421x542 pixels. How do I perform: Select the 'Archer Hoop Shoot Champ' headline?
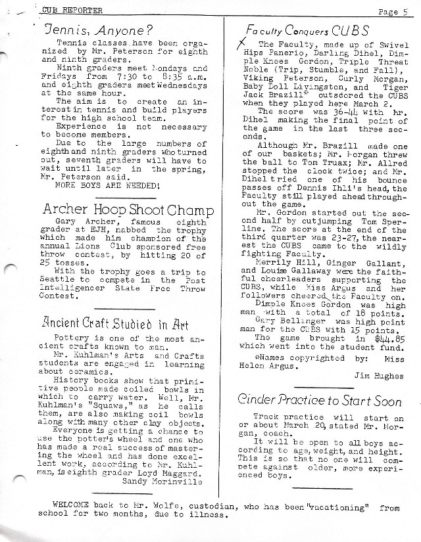pos(128,210)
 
